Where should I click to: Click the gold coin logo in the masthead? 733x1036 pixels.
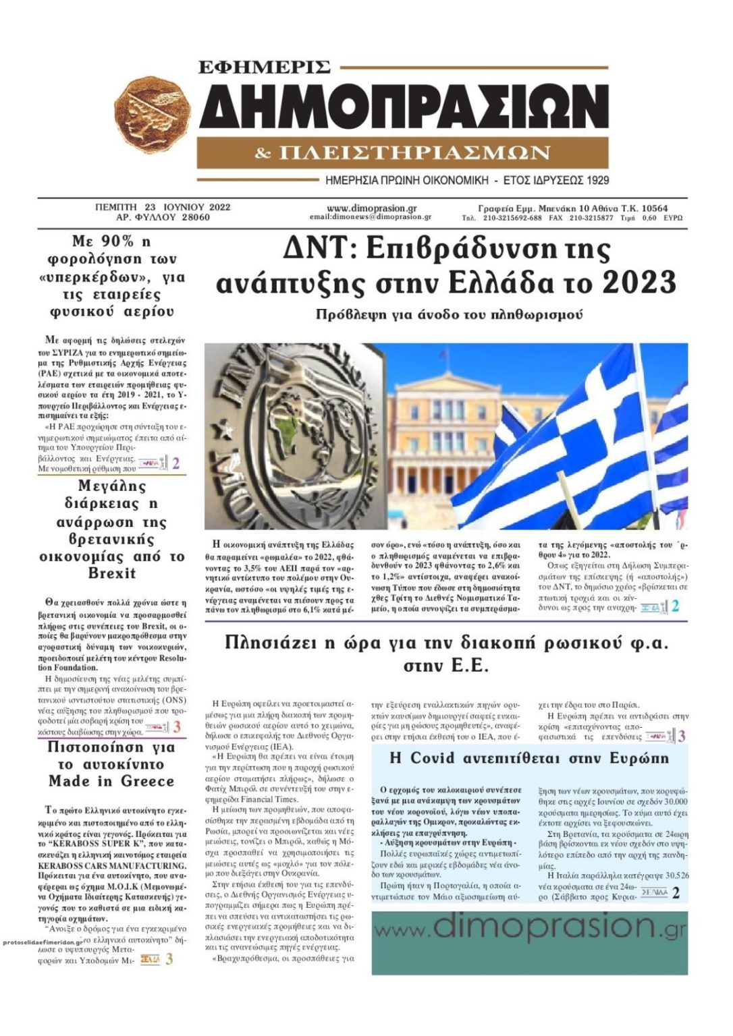(153, 115)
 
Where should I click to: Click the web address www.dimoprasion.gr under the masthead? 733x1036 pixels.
(371, 208)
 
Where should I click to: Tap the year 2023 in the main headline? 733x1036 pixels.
(639, 282)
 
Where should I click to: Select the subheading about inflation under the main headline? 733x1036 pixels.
(449, 315)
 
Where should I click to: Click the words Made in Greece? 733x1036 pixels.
(111, 782)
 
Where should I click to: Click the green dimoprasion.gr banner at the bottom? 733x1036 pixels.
(529, 942)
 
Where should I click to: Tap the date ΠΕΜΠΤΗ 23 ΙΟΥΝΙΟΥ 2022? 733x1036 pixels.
(163, 208)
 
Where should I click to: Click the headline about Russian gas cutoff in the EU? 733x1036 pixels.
(446, 653)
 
